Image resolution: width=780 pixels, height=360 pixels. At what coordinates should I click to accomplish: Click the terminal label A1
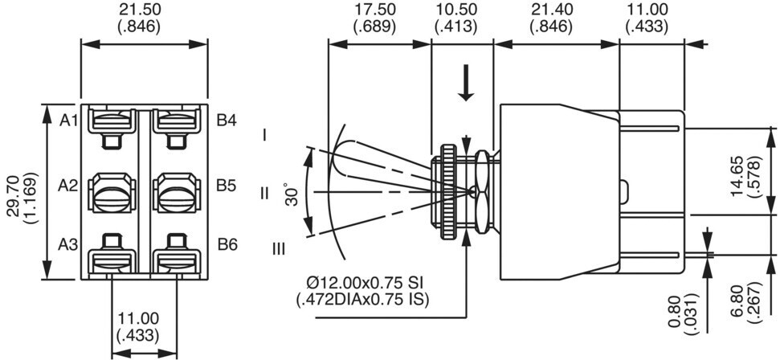(68, 121)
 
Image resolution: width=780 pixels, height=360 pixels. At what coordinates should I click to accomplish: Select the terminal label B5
(227, 186)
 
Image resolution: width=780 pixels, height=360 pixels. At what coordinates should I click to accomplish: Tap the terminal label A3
(67, 244)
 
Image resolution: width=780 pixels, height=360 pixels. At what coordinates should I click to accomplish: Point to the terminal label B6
(227, 244)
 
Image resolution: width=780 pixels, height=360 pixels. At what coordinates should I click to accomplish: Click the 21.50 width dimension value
(140, 10)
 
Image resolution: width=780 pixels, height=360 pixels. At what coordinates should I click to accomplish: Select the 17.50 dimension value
(374, 10)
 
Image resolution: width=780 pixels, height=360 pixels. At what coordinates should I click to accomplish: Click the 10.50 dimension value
(455, 10)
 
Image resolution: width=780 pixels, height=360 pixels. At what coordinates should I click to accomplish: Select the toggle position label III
(279, 248)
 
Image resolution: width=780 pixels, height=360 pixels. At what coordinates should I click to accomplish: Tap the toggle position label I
(266, 134)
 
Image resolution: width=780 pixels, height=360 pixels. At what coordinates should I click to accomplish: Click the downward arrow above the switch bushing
(466, 82)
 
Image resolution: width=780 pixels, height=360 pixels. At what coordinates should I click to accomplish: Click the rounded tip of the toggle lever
(339, 157)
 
